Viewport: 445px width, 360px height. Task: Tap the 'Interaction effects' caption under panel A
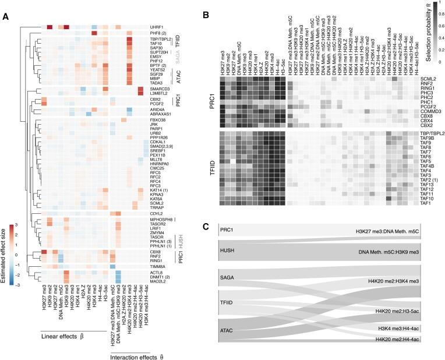click(x=133, y=354)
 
